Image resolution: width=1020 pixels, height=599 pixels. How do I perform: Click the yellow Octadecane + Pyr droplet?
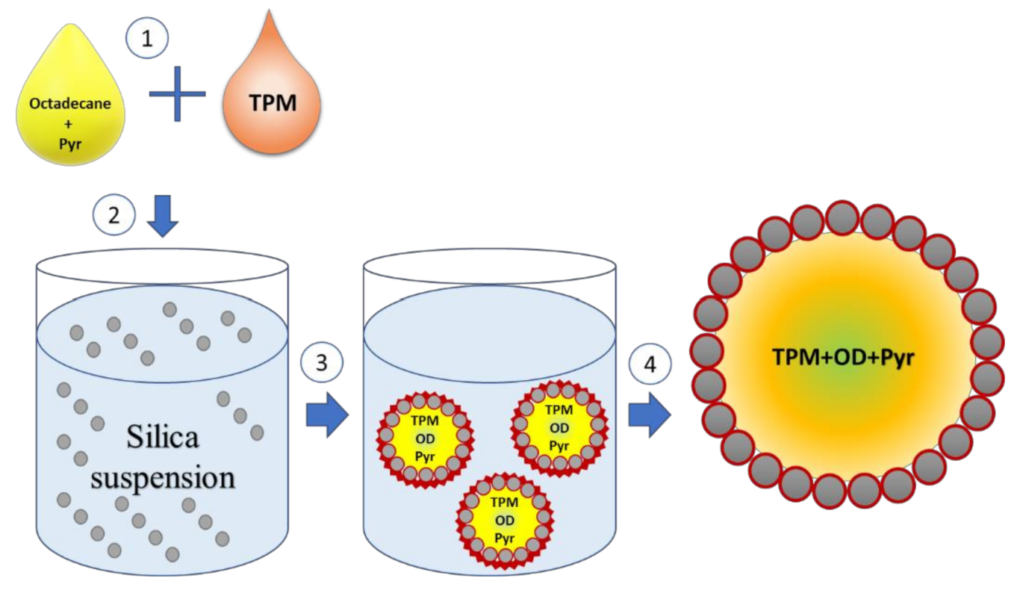click(71, 120)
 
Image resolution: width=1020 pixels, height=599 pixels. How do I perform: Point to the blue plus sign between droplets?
click(178, 93)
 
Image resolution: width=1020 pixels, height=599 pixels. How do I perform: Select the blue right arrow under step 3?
click(327, 415)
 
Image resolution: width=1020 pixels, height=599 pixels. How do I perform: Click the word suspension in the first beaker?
click(163, 476)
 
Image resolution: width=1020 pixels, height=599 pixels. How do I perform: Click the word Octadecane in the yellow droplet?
click(71, 104)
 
